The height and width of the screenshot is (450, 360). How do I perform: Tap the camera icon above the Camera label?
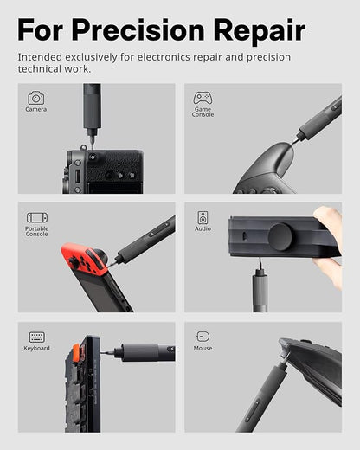pos(35,98)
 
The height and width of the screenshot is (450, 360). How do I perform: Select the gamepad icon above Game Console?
pos(202,98)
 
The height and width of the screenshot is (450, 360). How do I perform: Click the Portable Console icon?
pos(36,218)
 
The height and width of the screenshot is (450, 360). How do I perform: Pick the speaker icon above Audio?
pos(202,217)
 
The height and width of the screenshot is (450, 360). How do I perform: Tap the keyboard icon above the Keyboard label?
pos(36,337)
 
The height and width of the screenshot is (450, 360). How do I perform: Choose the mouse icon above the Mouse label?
pos(202,336)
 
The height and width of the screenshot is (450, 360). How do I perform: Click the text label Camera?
pos(36,110)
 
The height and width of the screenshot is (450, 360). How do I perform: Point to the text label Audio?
pos(202,229)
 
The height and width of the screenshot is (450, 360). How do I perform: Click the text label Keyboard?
pos(36,349)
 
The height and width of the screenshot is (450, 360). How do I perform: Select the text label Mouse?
pos(202,348)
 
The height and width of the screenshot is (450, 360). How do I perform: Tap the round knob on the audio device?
pos(280,237)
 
